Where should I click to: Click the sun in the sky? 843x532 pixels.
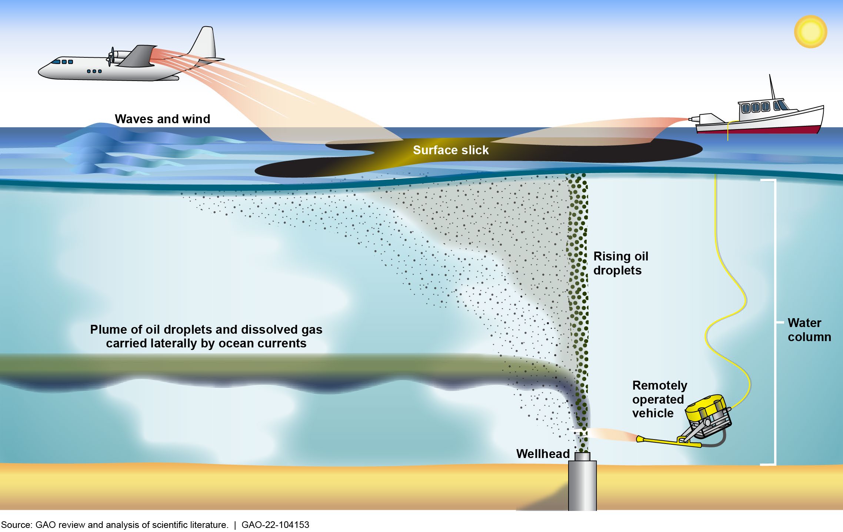point(810,31)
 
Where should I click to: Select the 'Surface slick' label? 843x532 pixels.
point(451,150)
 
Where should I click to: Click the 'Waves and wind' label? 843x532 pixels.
point(162,119)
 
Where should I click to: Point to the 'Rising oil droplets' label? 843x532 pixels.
point(620,263)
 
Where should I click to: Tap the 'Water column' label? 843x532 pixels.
point(809,330)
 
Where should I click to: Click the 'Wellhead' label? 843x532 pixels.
point(543,454)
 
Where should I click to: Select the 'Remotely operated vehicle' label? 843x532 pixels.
point(659,399)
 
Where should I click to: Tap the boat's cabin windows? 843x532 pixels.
point(756,107)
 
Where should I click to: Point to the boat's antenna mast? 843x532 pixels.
point(772,87)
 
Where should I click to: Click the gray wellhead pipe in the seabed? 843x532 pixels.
point(582,485)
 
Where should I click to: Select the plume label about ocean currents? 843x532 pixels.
point(206,336)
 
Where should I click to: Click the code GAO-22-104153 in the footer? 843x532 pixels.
point(275,525)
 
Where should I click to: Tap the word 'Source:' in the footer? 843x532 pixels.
point(16,525)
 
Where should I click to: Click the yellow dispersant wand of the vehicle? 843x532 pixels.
point(667,441)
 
